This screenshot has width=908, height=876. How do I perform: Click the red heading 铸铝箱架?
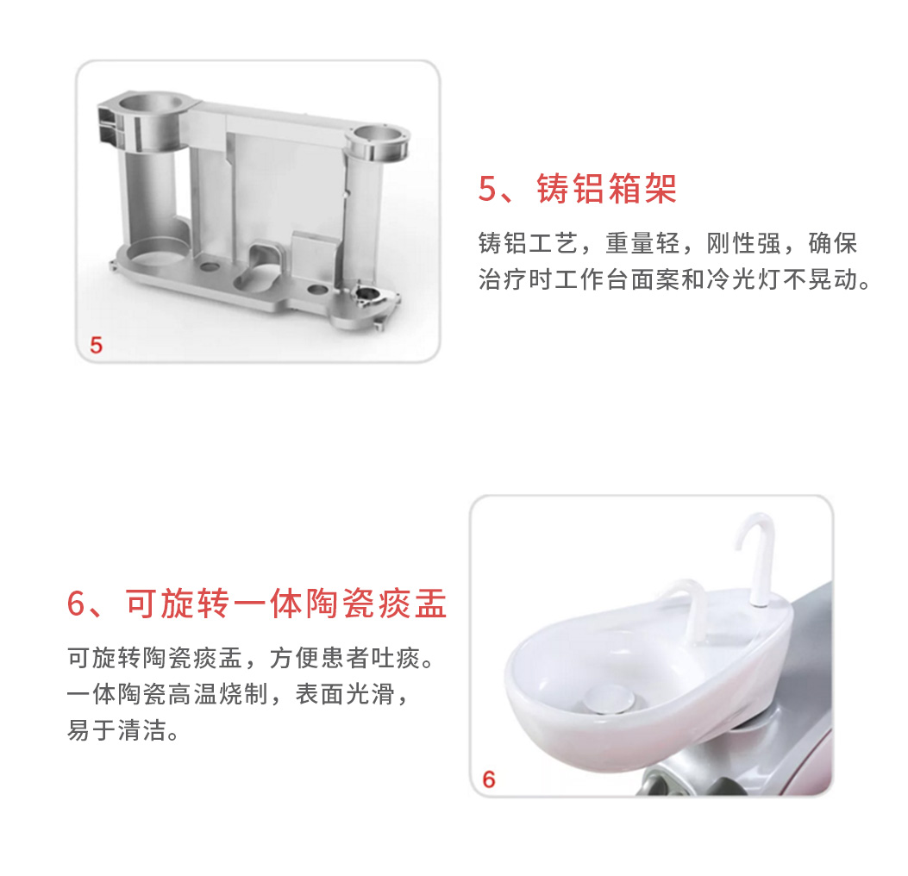point(606,189)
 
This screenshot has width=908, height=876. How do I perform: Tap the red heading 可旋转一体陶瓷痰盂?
point(286,604)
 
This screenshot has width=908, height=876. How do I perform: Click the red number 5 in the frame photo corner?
point(96,346)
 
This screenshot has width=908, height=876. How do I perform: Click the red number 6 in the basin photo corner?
point(489,779)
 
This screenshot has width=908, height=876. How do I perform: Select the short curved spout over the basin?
point(689,608)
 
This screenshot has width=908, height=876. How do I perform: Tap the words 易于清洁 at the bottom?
point(116,730)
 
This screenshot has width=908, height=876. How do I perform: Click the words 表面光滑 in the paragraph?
point(345,693)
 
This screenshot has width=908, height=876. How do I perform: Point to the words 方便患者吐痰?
point(345,658)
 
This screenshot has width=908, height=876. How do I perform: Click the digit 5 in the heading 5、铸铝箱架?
point(487,189)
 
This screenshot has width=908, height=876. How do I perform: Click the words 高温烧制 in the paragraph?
point(218,693)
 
